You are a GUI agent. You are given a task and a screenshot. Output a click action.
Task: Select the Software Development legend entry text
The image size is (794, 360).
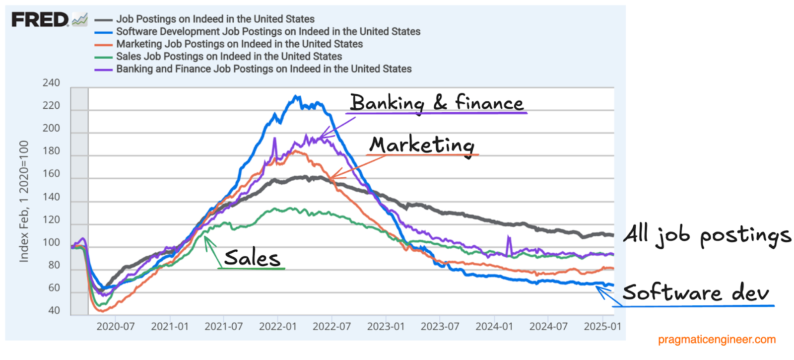tap(268, 32)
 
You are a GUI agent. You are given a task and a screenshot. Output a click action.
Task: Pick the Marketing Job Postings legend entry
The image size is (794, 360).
tap(239, 44)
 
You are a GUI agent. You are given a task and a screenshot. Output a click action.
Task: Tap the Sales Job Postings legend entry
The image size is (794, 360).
tap(229, 57)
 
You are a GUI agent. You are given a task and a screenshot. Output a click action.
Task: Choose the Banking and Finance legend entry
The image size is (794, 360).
tap(264, 69)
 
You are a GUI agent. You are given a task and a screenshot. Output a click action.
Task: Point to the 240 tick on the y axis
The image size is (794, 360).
tap(51, 83)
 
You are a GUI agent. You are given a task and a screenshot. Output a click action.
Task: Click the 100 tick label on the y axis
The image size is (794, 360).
tap(51, 242)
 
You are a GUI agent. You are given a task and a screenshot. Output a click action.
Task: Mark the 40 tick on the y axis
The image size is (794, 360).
tap(54, 311)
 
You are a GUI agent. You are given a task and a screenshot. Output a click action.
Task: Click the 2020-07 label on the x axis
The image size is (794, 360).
tap(115, 327)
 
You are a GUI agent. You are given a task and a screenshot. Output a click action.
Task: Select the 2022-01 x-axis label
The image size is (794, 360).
tap(277, 327)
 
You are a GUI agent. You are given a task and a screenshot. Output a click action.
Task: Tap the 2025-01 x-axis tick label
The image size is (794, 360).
tap(602, 327)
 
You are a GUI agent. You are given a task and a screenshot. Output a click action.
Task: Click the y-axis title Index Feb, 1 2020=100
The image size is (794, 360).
tap(24, 201)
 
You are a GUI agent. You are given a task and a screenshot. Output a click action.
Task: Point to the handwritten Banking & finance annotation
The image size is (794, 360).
tap(437, 103)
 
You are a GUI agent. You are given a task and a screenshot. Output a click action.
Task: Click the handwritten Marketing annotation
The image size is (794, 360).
tap(422, 145)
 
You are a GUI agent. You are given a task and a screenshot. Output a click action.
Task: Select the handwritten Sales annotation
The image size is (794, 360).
tap(252, 258)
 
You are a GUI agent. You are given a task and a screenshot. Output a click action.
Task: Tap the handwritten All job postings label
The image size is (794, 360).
tap(706, 235)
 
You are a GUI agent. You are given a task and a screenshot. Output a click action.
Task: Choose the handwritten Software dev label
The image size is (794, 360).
tap(696, 293)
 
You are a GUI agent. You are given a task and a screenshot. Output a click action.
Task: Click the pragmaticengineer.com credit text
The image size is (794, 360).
tap(716, 340)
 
